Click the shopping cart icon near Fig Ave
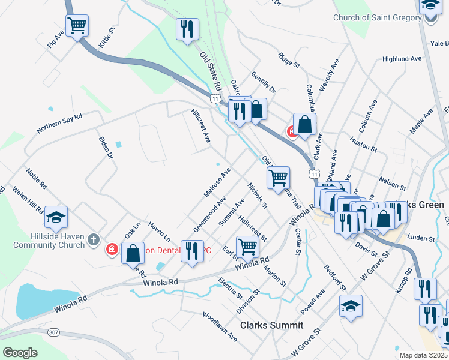point(77,26)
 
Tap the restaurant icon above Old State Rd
point(187,29)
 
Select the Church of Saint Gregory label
point(377,17)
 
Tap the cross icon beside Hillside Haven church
point(92,240)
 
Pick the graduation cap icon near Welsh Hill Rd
point(56,218)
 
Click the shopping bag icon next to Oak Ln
point(133,253)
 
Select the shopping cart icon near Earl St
point(247,246)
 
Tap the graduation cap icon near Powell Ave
point(351,307)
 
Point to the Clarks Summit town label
point(271,325)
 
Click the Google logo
point(20,353)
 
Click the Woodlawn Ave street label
point(220,326)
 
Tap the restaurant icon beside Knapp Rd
point(425,289)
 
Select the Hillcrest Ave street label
point(201,125)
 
